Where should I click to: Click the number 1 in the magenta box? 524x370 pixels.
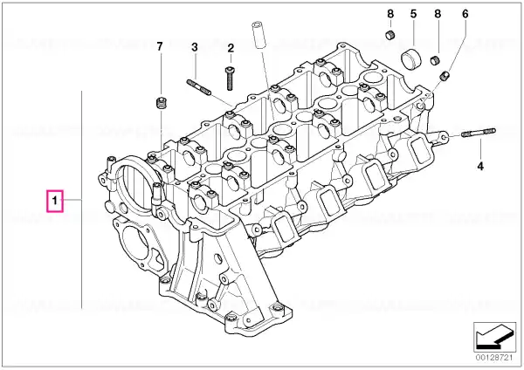point(54,201)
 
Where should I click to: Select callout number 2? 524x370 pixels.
point(231,48)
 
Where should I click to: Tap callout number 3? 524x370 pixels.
point(195,47)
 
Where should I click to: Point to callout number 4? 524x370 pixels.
point(480,166)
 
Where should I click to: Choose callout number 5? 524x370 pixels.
point(413,14)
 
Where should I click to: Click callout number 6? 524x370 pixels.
point(465,14)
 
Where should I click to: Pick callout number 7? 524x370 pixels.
point(160,46)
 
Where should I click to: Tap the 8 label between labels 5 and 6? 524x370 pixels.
point(438,14)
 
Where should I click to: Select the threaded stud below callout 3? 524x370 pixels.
point(199,86)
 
